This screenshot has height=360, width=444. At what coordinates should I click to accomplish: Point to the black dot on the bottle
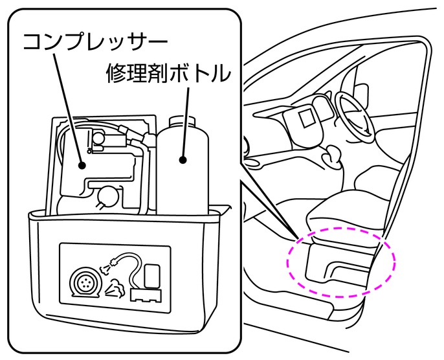point(183,160)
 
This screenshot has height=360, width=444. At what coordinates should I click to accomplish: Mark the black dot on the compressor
point(83,165)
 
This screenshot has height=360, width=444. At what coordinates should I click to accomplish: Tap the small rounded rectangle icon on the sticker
point(152,275)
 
